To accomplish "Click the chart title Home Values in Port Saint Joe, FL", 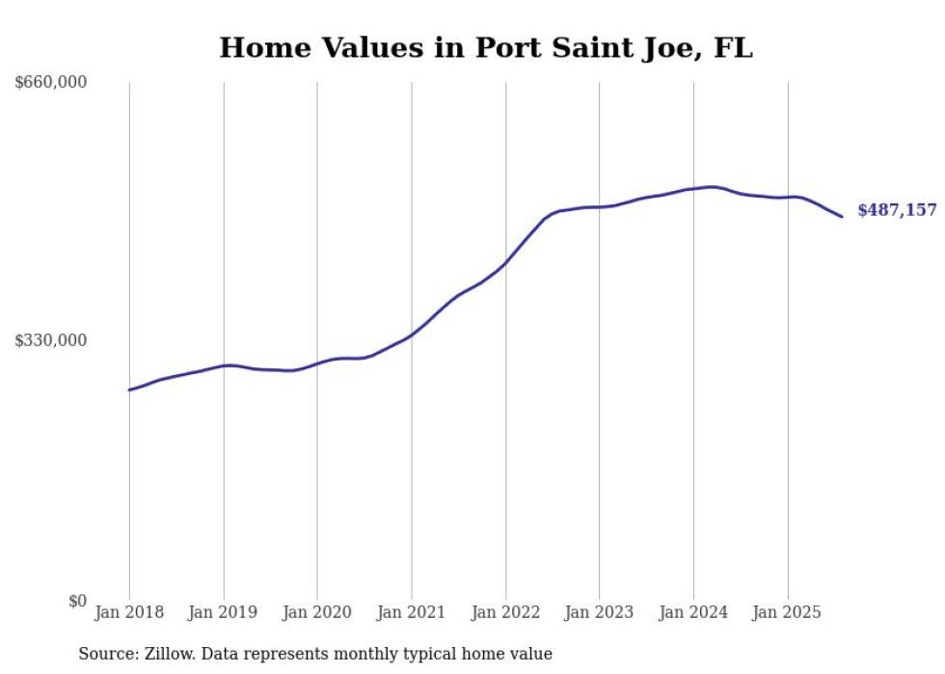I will click(485, 47).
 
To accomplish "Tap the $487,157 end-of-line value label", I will click(896, 209).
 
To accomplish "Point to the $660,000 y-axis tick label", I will click(51, 83).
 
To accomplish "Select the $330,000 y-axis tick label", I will click(51, 340).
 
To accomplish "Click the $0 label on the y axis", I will click(77, 601).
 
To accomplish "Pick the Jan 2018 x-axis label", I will click(129, 612).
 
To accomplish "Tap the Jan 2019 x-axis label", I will click(224, 612).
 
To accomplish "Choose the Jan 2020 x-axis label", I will click(317, 612).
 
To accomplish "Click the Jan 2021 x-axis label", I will click(412, 612).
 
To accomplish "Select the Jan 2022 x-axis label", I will click(505, 612).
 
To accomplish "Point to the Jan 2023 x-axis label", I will click(599, 612).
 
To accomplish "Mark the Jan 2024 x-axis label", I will click(693, 612).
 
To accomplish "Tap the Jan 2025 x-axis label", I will click(788, 612).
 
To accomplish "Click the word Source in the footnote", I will click(105, 654).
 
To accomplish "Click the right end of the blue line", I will click(842, 216).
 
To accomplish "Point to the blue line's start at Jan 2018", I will click(129, 390).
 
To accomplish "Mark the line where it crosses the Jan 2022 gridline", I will click(505, 262).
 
